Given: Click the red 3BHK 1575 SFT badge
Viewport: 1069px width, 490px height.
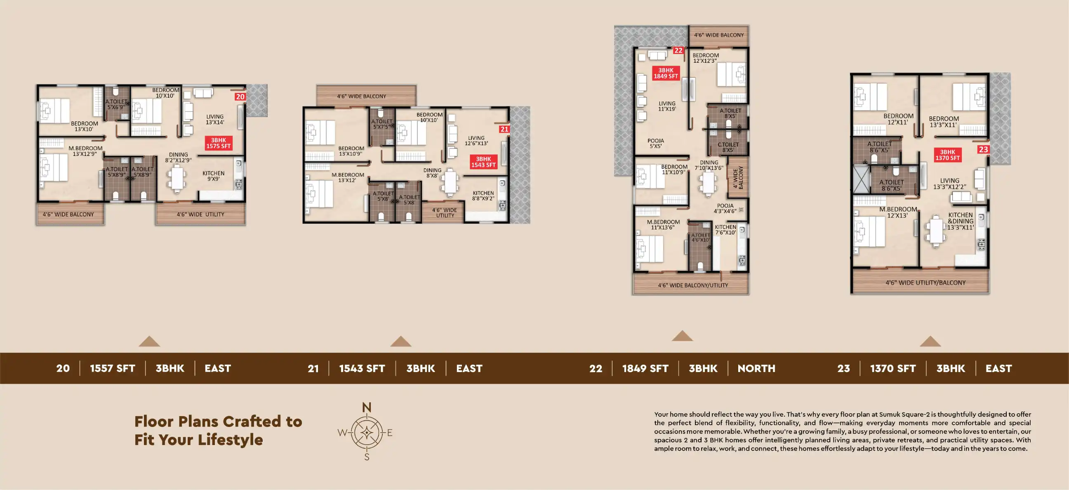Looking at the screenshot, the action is [218, 143].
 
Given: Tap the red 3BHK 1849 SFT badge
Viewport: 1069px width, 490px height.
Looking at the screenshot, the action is [666, 73].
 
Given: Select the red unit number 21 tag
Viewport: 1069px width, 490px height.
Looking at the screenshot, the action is [504, 129].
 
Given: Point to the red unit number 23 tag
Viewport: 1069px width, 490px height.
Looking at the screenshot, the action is [983, 149].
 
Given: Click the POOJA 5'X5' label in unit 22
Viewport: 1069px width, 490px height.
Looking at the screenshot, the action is [656, 143].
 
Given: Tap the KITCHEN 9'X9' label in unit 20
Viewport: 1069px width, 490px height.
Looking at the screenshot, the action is [213, 176].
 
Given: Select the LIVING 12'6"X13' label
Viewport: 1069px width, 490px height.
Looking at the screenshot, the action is [476, 141].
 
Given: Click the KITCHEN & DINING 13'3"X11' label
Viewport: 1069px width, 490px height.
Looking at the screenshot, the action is [960, 221].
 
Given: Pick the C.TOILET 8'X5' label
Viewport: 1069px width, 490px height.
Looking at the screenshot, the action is [728, 147].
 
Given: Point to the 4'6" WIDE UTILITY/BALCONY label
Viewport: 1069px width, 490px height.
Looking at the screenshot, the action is [925, 283].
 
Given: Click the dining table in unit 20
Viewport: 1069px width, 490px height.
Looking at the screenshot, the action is [177, 179].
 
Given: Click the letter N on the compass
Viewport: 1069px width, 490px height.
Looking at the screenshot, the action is [366, 408].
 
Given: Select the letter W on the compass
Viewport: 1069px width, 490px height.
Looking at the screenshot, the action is [342, 433].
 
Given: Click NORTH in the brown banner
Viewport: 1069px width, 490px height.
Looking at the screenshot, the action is [756, 368].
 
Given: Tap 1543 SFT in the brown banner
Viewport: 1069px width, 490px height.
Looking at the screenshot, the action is [362, 368].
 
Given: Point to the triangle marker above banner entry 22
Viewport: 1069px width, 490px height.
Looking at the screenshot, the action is [682, 336].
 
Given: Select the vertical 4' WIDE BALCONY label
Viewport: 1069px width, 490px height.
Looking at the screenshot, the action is [738, 178].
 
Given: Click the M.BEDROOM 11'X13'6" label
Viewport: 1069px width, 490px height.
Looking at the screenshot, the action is [663, 224].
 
